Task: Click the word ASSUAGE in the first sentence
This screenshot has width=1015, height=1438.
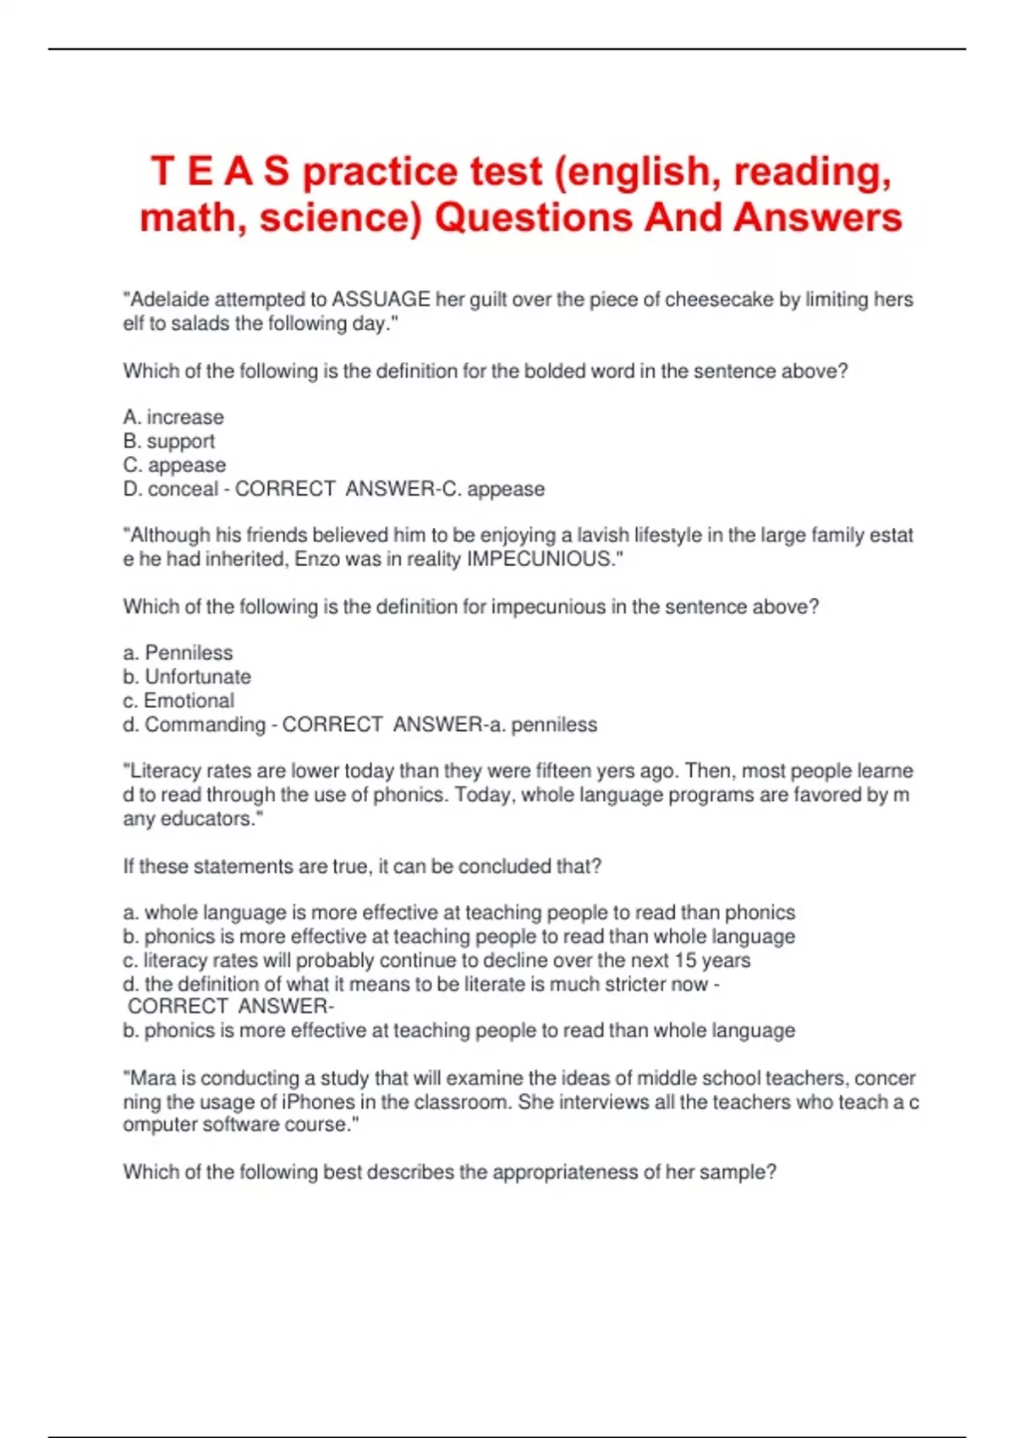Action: [x=381, y=299]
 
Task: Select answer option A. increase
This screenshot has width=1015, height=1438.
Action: [x=173, y=417]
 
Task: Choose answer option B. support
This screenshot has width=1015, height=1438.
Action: [x=169, y=441]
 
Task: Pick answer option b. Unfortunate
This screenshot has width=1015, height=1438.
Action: [x=187, y=677]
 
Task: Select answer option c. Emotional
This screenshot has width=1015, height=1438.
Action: [x=178, y=700]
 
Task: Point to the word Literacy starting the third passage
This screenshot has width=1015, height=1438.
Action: [x=165, y=771]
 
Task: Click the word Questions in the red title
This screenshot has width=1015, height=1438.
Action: [x=533, y=217]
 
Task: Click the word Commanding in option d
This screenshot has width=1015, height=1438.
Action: [x=205, y=725]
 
